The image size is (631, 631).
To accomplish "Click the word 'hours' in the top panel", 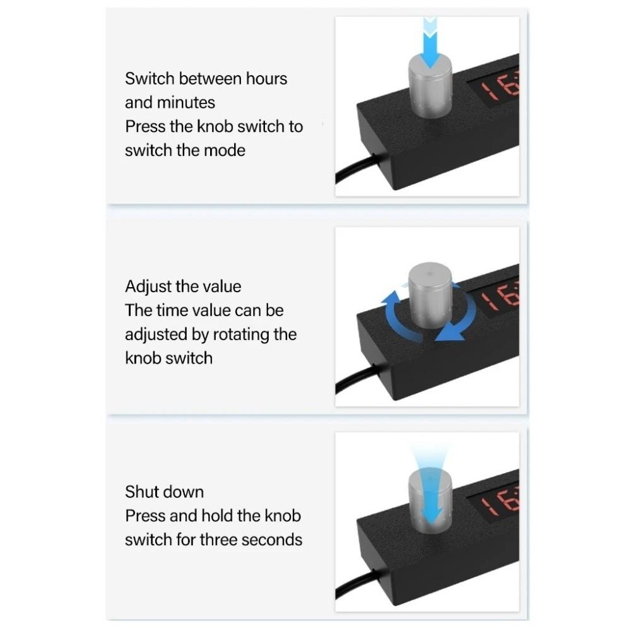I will point(266,79).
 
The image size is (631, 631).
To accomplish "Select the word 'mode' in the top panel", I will point(225,150).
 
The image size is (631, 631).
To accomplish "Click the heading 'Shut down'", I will point(164,492).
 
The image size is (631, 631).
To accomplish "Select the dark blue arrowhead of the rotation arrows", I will point(452,331).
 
